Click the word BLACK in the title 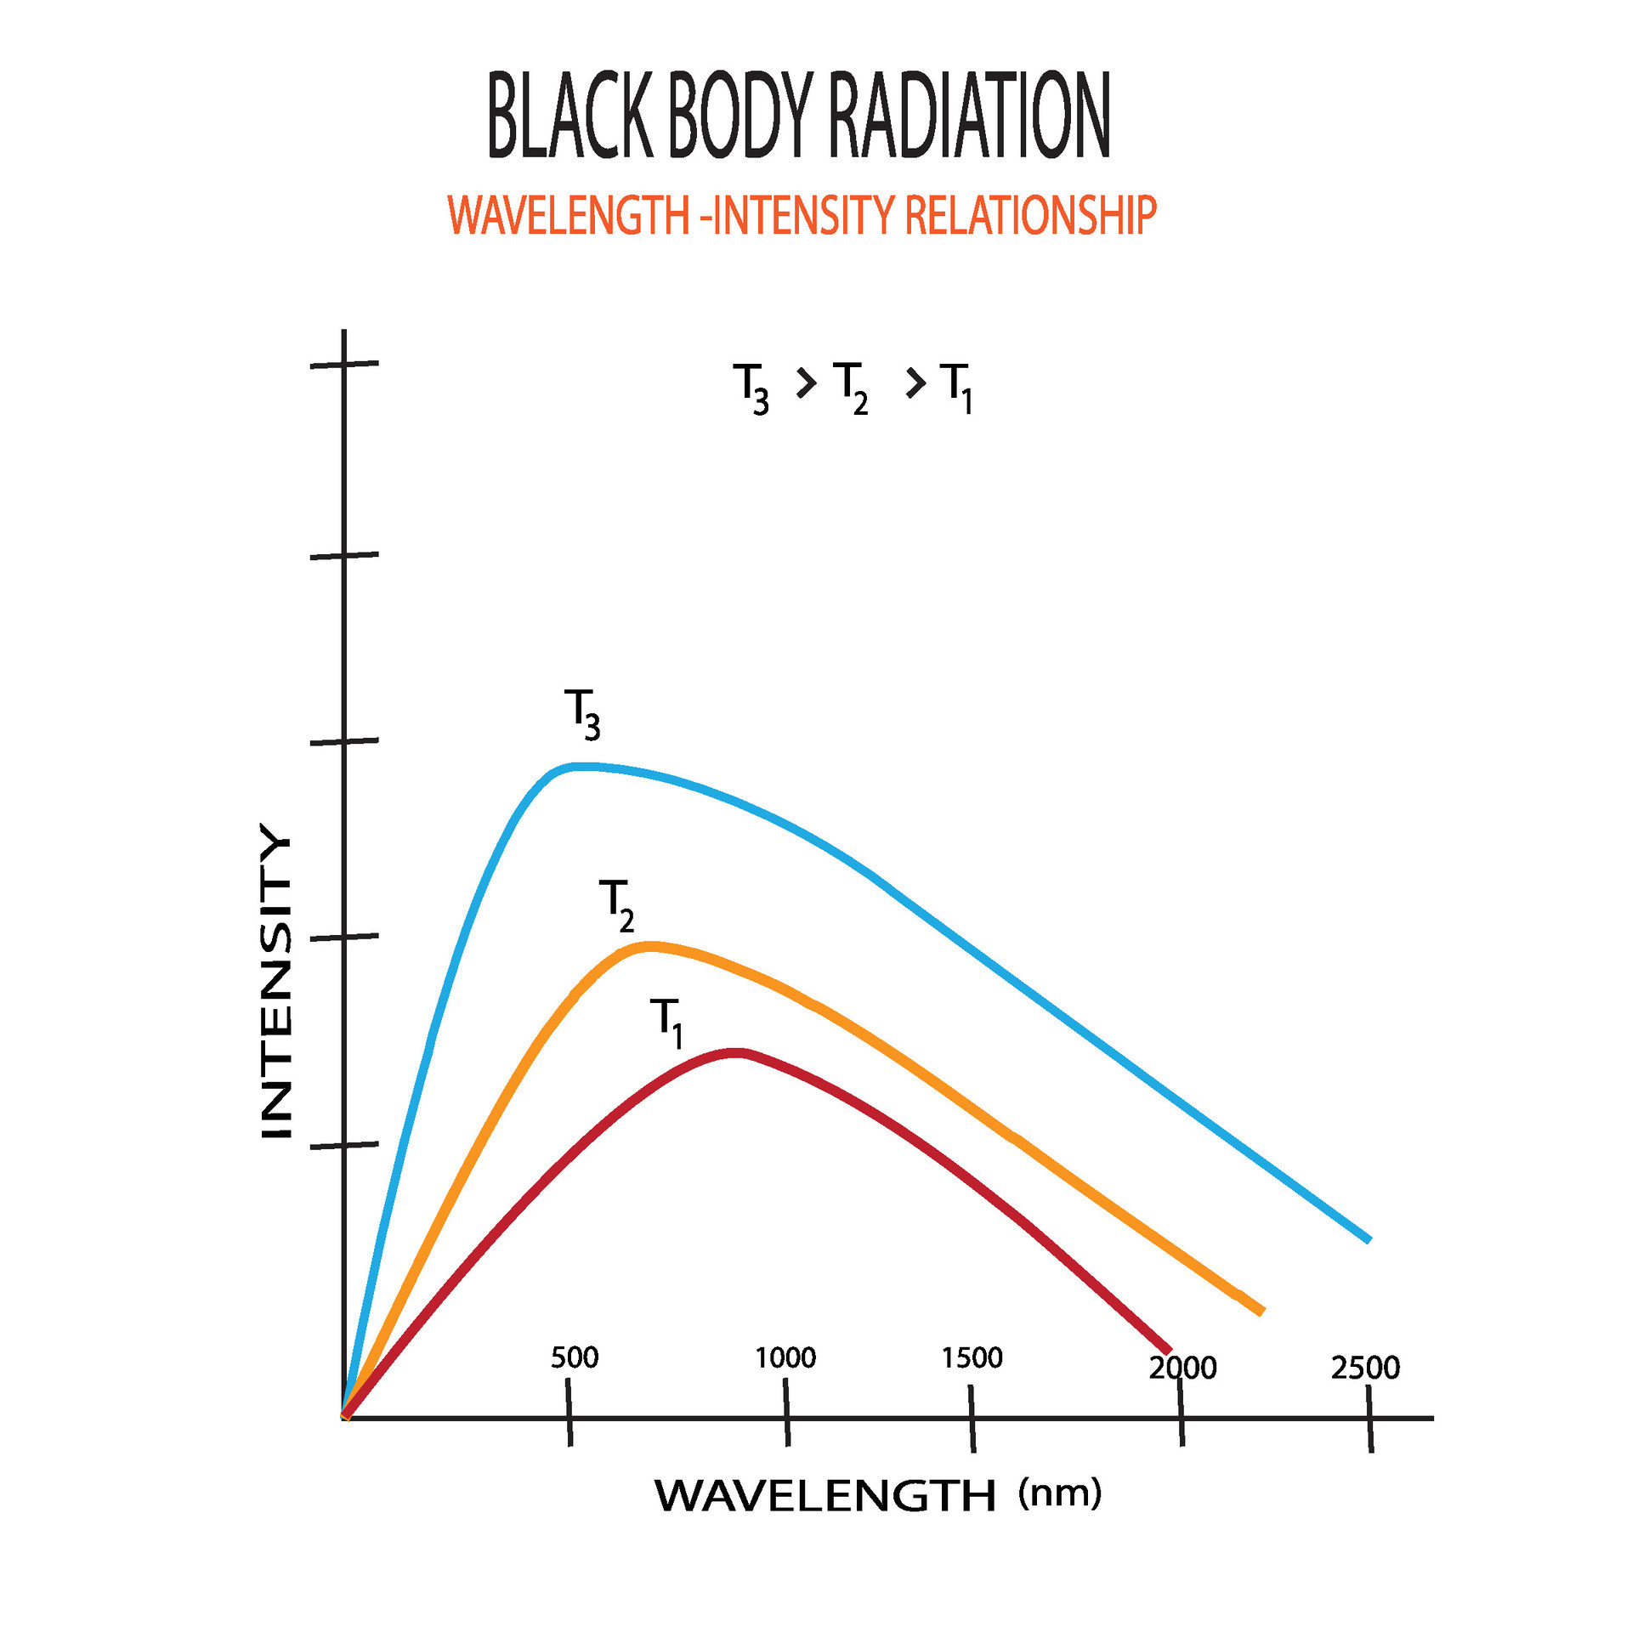[569, 116]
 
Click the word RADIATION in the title [968, 116]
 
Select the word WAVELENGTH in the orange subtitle [568, 215]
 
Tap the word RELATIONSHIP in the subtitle [1030, 215]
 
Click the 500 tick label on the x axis [575, 1357]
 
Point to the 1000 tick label [785, 1357]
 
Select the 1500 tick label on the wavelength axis [972, 1357]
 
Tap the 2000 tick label [1182, 1368]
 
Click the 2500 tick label [1365, 1368]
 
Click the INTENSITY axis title [276, 982]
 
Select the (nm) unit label [1059, 1493]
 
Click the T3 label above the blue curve [582, 713]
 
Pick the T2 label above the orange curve [616, 904]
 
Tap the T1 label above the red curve [667, 1022]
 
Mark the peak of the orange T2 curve [649, 945]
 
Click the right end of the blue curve [1368, 1239]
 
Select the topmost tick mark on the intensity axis [344, 364]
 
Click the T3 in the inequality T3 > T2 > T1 [751, 387]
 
